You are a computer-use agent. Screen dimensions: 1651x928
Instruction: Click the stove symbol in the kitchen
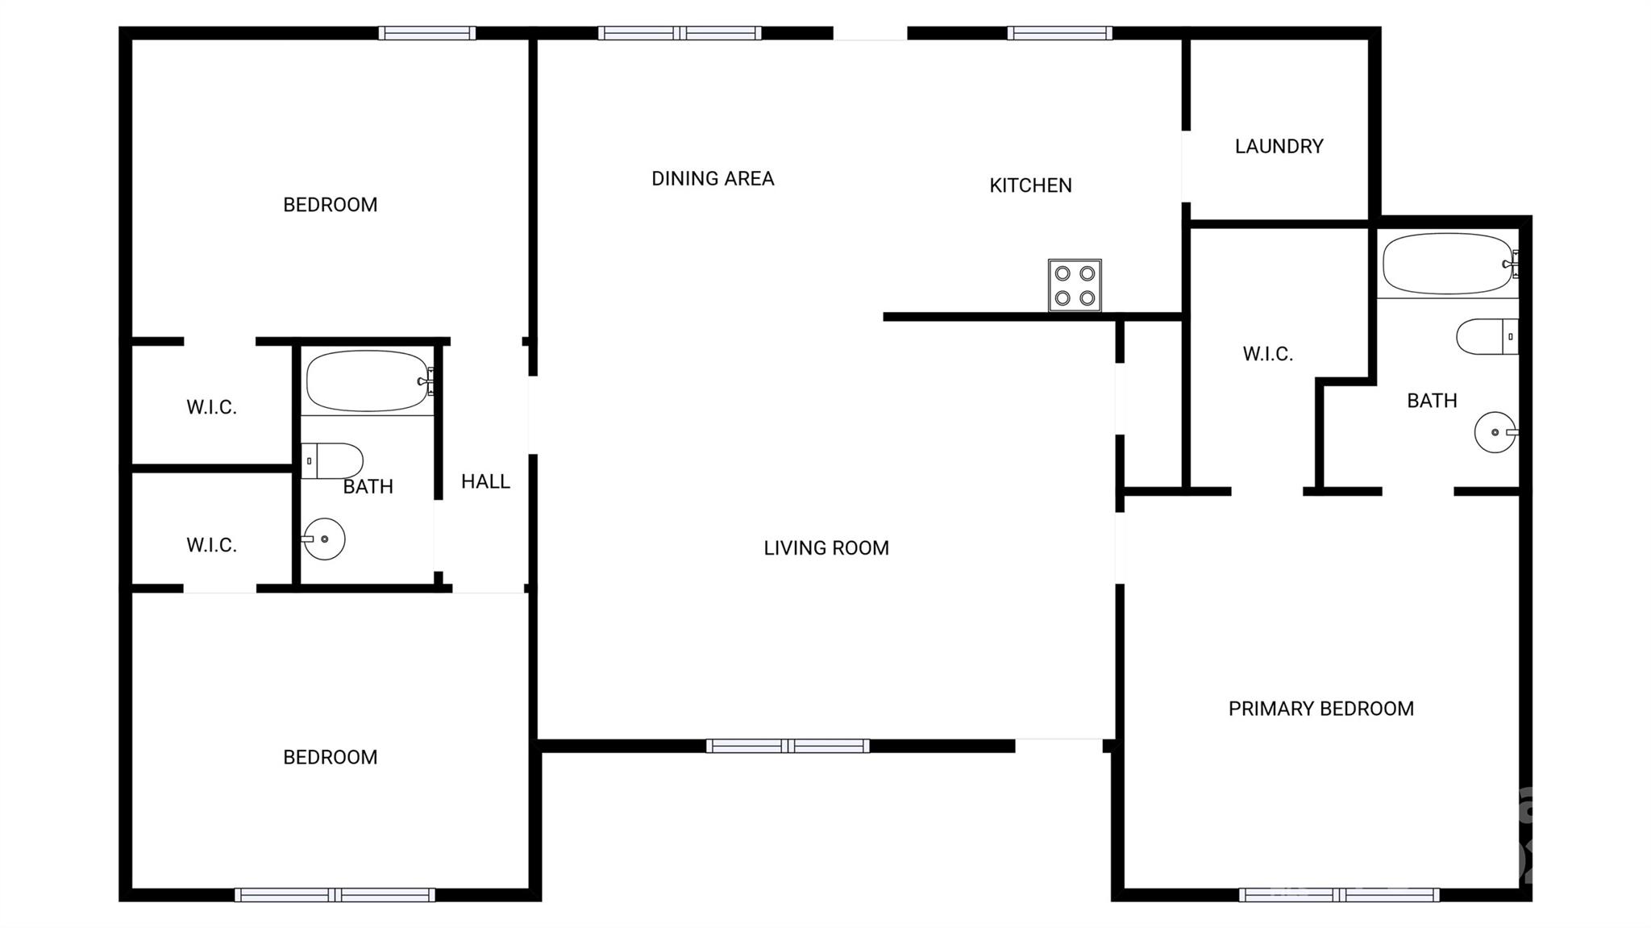point(1075,285)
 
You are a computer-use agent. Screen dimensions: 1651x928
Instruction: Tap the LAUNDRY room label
point(1279,146)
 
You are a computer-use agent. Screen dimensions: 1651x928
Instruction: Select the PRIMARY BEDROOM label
point(1320,708)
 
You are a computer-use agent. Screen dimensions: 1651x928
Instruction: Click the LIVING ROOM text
point(826,547)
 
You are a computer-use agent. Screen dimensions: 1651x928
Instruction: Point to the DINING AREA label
point(713,178)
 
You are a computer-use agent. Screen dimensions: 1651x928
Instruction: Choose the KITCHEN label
point(1030,185)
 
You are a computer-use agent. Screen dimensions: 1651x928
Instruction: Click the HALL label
point(485,481)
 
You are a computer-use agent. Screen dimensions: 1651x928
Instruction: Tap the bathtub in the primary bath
point(1449,264)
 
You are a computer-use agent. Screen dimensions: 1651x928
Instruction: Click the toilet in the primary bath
point(1487,336)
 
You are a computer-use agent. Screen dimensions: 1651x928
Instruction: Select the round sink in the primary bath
point(1496,432)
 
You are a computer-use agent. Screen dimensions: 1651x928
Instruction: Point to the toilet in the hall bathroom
point(332,460)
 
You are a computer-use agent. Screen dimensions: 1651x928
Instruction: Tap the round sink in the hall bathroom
point(323,539)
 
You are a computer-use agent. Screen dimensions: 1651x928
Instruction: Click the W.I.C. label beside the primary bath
point(1267,353)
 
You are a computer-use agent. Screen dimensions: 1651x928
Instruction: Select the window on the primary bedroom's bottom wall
point(1339,894)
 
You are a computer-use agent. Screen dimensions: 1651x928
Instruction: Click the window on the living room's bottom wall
point(788,746)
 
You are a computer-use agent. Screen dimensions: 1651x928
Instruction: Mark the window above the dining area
point(680,33)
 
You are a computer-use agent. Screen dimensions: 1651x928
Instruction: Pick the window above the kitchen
point(1059,33)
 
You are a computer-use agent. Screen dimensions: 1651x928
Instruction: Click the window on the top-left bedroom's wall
point(427,33)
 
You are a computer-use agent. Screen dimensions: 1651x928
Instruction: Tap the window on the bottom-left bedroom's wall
point(335,894)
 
